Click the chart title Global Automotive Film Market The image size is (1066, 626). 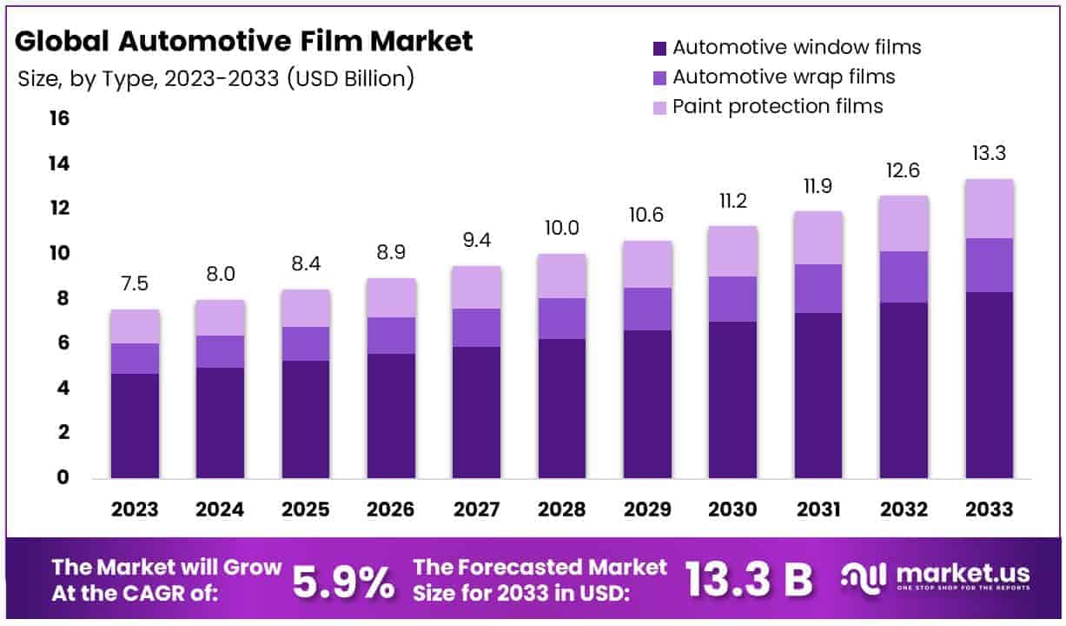pyautogui.click(x=244, y=41)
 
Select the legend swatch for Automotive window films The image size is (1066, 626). pyautogui.click(x=659, y=48)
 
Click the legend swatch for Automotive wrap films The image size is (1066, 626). pyautogui.click(x=659, y=77)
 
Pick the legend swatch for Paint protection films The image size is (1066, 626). pyautogui.click(x=659, y=107)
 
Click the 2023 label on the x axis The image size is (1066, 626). pyautogui.click(x=135, y=509)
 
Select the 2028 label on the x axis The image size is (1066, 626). pyautogui.click(x=562, y=509)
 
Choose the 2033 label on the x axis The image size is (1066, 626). pyautogui.click(x=990, y=509)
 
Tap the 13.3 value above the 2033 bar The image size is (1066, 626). pyautogui.click(x=990, y=154)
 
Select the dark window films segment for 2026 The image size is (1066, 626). pyautogui.click(x=391, y=416)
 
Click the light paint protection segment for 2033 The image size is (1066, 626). pyautogui.click(x=990, y=209)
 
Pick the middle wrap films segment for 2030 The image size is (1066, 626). pyautogui.click(x=733, y=299)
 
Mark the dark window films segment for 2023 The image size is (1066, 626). pyautogui.click(x=135, y=426)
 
